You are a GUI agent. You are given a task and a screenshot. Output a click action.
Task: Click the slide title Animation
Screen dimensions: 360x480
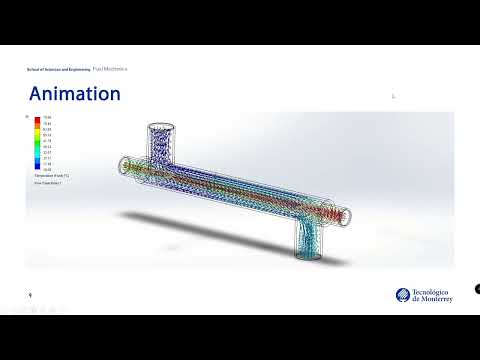coord(75,95)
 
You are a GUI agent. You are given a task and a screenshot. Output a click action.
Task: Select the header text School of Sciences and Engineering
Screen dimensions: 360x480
coord(58,69)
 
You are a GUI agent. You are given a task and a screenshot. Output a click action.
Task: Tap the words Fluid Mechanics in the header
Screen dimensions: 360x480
coord(110,69)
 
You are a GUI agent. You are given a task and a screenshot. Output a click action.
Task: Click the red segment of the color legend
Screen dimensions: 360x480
coord(37,120)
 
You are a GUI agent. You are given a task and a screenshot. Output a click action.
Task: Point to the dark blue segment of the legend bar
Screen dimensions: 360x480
coord(37,167)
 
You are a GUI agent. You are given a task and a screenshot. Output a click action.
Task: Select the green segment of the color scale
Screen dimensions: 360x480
coord(37,145)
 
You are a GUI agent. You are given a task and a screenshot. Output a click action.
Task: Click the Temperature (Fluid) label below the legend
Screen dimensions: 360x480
coord(49,176)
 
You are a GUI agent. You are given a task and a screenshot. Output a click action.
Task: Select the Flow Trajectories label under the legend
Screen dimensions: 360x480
coord(47,184)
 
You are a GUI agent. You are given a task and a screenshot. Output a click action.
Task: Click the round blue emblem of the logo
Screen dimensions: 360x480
coord(402,295)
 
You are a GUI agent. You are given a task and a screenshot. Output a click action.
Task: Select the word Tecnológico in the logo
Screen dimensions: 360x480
coord(432,291)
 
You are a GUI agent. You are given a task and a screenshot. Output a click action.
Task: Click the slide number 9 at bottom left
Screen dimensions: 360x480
coord(30,295)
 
